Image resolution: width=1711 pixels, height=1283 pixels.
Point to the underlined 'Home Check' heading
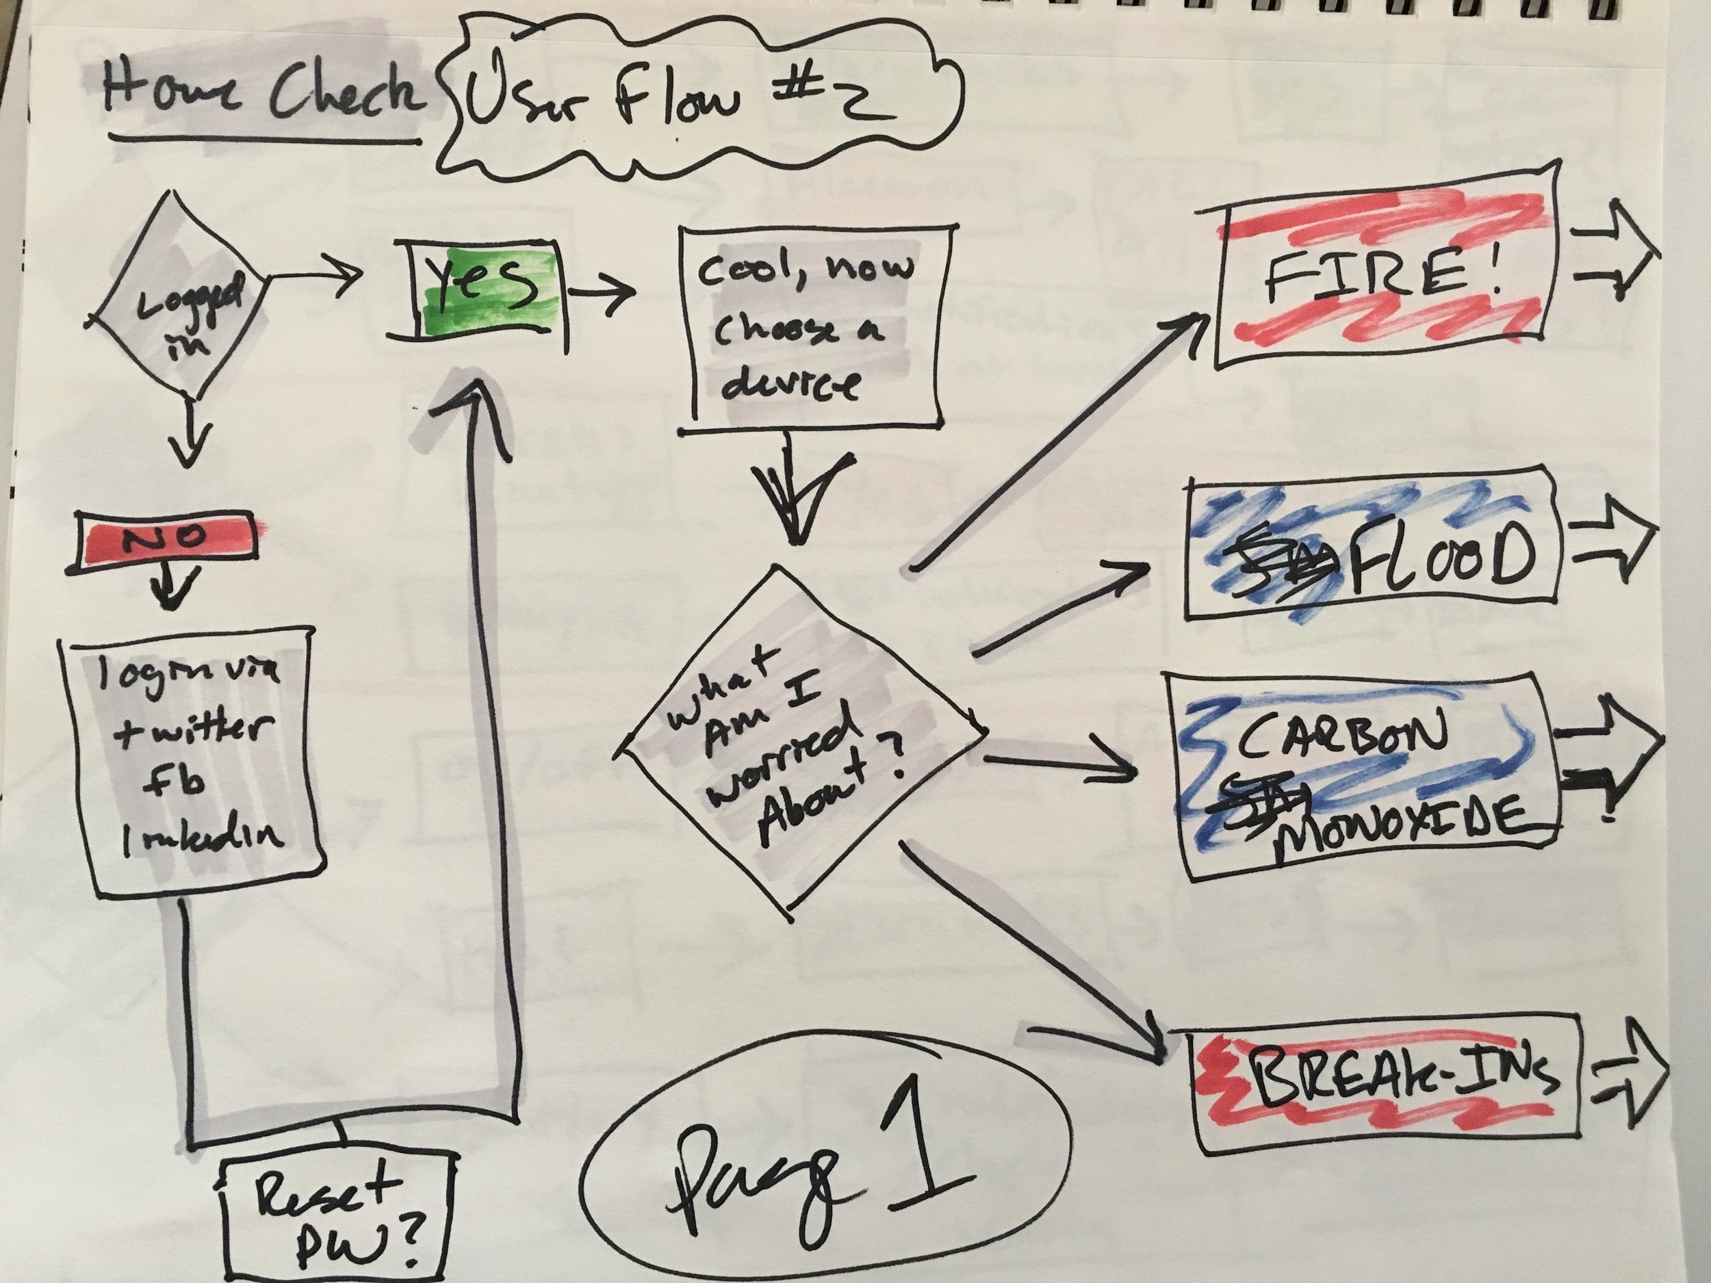pyautogui.click(x=263, y=96)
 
